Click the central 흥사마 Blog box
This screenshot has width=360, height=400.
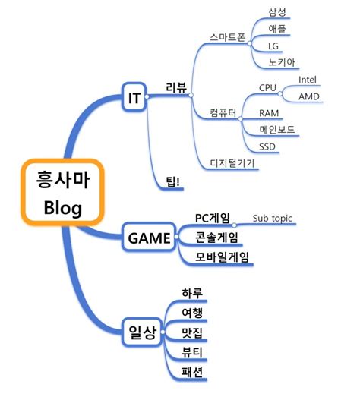click(62, 193)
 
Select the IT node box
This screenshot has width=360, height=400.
click(134, 96)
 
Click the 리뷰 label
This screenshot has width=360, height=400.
click(176, 87)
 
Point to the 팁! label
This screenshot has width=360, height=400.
click(173, 179)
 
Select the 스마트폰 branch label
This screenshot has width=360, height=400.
click(228, 37)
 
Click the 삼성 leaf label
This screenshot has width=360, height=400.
click(278, 12)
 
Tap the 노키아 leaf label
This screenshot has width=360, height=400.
click(281, 62)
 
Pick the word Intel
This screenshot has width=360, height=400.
click(308, 79)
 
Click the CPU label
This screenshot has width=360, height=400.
click(267, 88)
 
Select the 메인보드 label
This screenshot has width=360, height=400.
click(278, 130)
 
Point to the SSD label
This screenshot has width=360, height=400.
click(267, 146)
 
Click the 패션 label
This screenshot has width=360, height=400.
click(192, 372)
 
